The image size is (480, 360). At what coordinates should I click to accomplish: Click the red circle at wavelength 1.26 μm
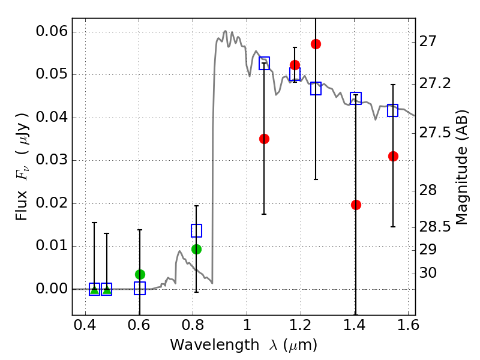(316, 44)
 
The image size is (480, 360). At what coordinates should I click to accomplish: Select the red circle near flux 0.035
(264, 139)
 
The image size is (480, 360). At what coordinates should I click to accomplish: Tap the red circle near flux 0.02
(356, 205)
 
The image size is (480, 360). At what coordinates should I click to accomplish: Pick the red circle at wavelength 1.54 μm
(393, 156)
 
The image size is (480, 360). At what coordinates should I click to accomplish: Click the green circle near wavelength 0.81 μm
(196, 249)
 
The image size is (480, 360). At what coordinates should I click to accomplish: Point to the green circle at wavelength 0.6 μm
(140, 274)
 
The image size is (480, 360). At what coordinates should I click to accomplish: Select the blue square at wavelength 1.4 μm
(356, 98)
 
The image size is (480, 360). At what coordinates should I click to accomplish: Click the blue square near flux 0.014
(196, 230)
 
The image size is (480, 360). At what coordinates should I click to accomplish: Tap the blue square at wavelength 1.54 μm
(393, 110)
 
